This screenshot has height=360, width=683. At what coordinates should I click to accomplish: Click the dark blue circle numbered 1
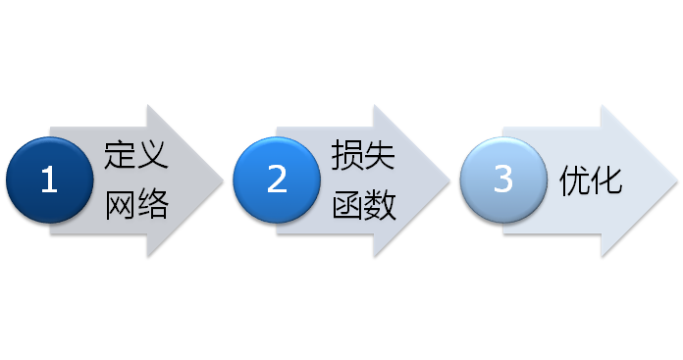point(49,180)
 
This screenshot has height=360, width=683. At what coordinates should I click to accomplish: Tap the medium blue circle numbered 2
point(277,180)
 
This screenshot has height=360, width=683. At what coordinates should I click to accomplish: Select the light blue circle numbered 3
point(503,180)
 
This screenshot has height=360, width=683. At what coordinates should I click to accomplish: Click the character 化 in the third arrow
point(607,180)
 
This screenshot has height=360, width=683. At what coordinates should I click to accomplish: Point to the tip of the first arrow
point(222,180)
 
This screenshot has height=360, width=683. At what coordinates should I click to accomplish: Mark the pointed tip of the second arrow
point(448,180)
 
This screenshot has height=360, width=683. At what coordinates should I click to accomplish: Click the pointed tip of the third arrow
point(675,180)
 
